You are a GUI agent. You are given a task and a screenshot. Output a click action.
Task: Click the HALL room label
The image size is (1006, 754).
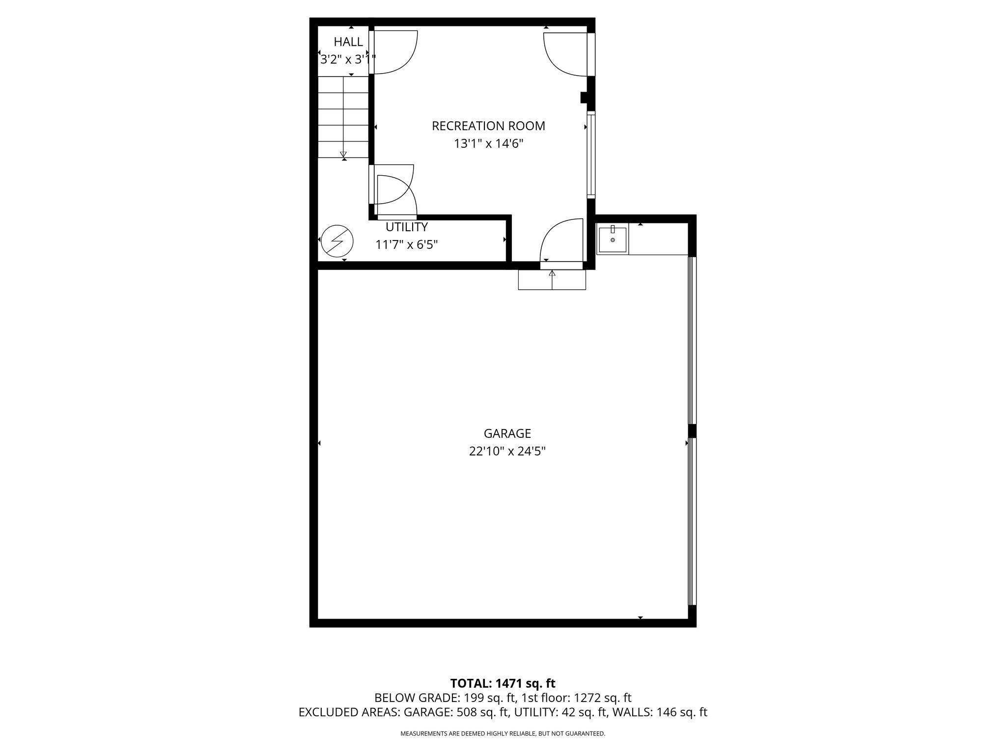(348, 42)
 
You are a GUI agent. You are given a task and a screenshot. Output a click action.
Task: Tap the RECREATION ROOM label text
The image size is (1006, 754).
(488, 126)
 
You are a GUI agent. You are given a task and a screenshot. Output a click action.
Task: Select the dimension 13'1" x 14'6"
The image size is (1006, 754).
(488, 144)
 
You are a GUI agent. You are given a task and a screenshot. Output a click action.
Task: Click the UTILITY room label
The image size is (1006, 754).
(406, 227)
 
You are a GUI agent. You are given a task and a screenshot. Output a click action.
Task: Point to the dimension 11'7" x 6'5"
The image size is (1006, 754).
(406, 244)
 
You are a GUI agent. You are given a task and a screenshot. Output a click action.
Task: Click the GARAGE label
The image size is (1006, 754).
(507, 433)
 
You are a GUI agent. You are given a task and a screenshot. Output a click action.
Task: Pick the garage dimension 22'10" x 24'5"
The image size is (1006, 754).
(507, 451)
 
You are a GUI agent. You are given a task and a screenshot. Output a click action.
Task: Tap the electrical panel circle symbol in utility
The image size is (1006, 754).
(337, 241)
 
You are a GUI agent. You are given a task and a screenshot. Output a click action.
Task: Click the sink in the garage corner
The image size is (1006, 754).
(613, 240)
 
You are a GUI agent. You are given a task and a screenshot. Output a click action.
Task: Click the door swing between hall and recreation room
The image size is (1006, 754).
(393, 52)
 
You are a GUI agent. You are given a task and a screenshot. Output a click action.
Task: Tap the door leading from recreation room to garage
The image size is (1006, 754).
(561, 243)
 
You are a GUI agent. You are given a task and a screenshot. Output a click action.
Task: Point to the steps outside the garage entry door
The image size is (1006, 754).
(552, 280)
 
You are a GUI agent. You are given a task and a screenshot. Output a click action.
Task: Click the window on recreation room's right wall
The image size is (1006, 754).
(591, 155)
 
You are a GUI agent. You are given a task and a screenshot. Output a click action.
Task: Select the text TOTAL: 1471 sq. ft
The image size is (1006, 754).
(503, 683)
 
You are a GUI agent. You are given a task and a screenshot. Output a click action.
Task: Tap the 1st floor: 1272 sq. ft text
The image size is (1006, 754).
(576, 698)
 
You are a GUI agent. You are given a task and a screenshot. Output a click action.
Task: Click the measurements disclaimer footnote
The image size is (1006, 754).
(503, 733)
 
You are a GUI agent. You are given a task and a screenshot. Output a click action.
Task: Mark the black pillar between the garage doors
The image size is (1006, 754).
(692, 431)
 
